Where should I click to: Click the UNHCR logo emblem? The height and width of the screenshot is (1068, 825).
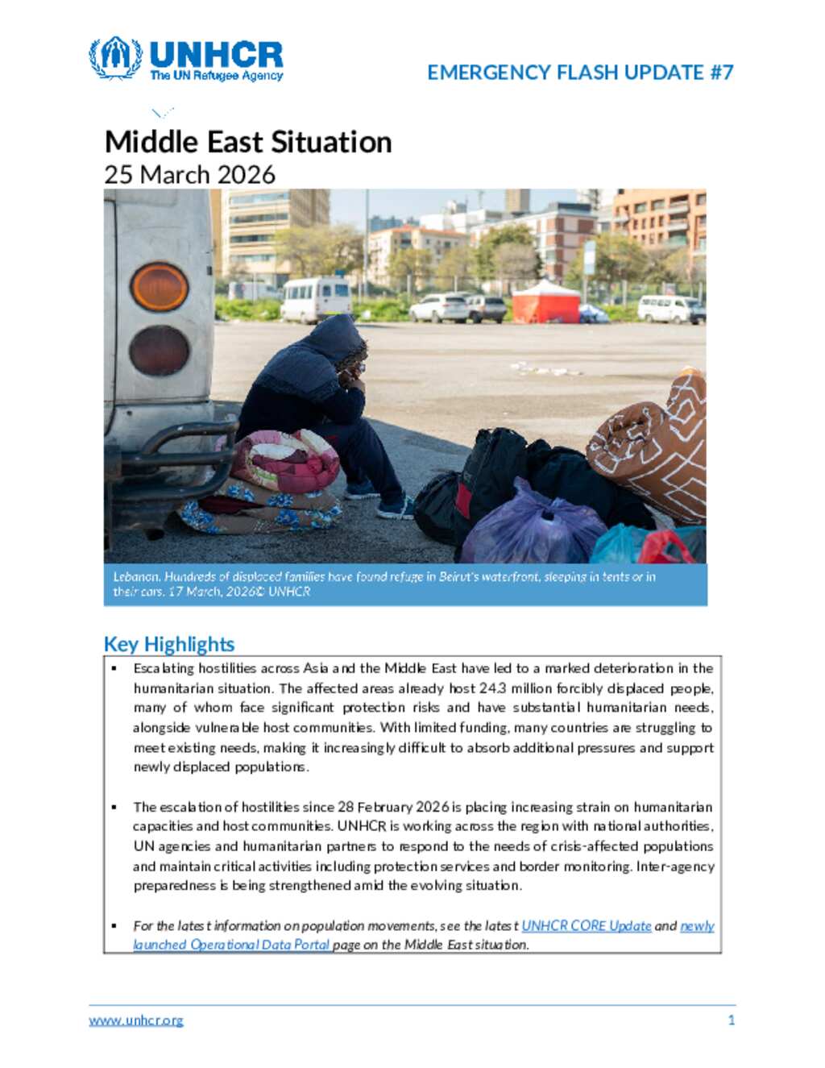click(x=115, y=58)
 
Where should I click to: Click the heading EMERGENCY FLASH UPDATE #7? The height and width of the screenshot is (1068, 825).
click(x=580, y=73)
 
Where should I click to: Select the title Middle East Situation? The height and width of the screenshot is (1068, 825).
click(x=248, y=142)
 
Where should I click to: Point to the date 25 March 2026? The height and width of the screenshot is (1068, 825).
click(x=190, y=174)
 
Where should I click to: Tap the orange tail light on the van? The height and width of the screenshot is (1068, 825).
click(x=160, y=287)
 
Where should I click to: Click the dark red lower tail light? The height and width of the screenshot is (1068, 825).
click(x=160, y=351)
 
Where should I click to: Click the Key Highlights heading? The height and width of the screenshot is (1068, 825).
click(x=169, y=644)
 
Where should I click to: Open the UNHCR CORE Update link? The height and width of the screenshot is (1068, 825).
click(x=586, y=925)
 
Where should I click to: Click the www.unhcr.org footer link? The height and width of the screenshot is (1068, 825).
click(x=136, y=1020)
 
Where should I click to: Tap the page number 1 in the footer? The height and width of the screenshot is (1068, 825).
click(x=731, y=1020)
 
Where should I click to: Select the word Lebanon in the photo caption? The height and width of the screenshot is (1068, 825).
click(x=135, y=576)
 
